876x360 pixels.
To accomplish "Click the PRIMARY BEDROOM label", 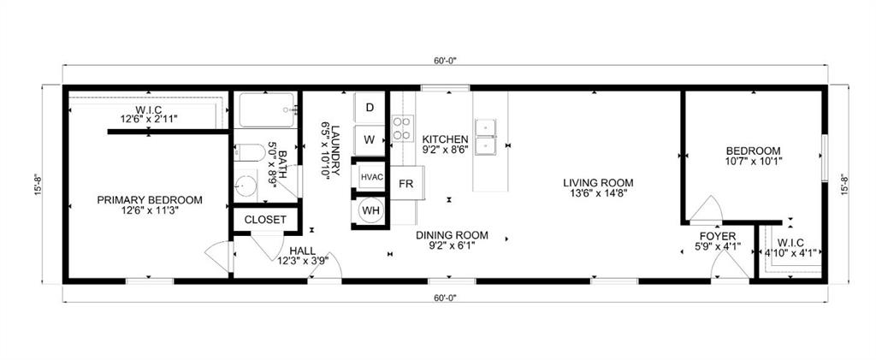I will (x=150, y=200).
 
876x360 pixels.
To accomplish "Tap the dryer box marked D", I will (x=370, y=108).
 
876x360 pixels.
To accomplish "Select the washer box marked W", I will (x=370, y=139).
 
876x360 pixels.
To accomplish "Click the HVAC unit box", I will (x=370, y=177).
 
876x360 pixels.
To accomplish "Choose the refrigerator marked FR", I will (x=406, y=184).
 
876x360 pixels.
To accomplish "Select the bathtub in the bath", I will (x=266, y=110).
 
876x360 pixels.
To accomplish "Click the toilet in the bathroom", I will (x=247, y=155).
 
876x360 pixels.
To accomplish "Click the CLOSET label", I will (x=265, y=220).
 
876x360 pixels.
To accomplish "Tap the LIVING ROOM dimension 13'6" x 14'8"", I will (x=597, y=194).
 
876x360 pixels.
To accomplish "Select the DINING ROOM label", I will (x=452, y=234).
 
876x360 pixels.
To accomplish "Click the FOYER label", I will (x=719, y=236).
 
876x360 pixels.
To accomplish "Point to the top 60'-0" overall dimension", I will (x=446, y=61).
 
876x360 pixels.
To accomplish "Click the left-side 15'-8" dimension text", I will (x=38, y=185).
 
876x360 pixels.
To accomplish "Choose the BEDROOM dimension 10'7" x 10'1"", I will (x=754, y=160).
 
